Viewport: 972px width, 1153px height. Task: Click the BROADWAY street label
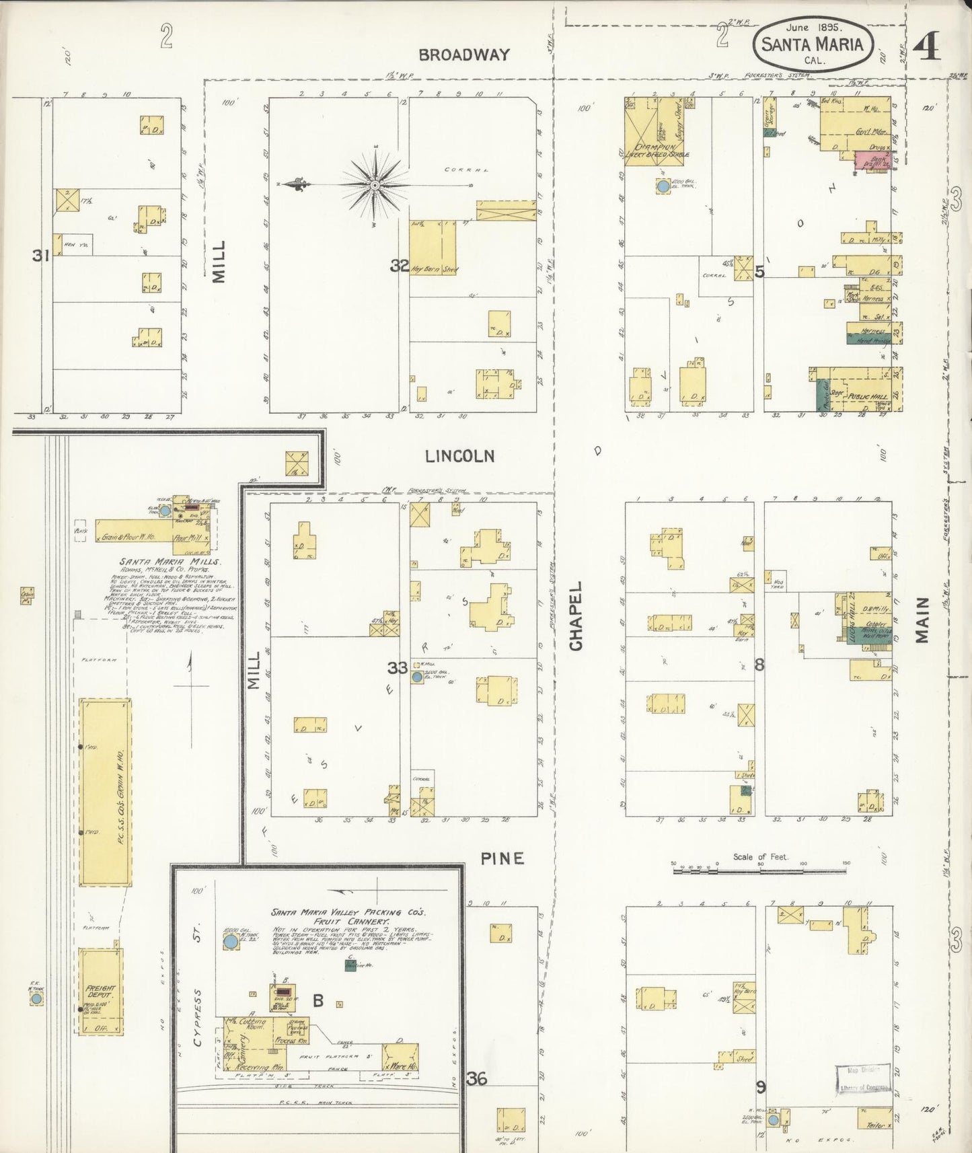point(463,55)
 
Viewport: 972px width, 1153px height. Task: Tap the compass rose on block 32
point(375,183)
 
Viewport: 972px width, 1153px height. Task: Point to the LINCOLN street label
point(459,456)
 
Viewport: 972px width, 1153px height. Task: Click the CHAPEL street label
point(576,616)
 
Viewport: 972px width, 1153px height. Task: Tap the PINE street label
point(502,858)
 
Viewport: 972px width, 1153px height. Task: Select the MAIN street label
point(922,619)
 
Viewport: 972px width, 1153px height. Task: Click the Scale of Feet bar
point(760,870)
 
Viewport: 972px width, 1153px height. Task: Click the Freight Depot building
point(100,991)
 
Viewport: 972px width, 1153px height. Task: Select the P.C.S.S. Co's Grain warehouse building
point(105,792)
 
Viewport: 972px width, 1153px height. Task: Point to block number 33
point(397,667)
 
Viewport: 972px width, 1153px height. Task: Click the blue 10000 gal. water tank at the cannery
point(231,942)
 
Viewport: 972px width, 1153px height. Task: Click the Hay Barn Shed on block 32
point(432,247)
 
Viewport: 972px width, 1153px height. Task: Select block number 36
point(477,1078)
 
